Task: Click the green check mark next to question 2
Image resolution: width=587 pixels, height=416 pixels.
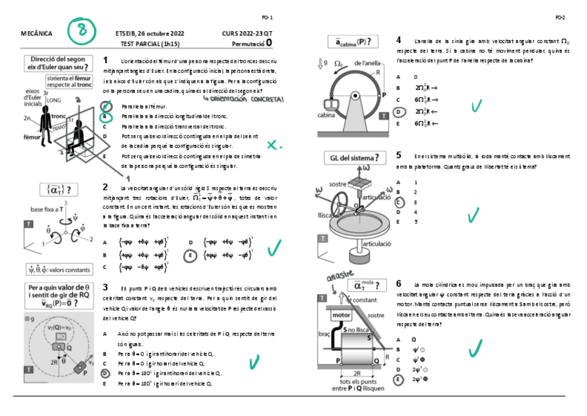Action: click(x=274, y=247)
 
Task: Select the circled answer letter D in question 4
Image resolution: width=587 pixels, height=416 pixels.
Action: click(x=398, y=111)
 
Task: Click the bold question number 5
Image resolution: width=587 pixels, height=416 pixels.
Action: click(x=399, y=155)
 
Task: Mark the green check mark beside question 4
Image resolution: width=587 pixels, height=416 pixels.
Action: click(x=476, y=105)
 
